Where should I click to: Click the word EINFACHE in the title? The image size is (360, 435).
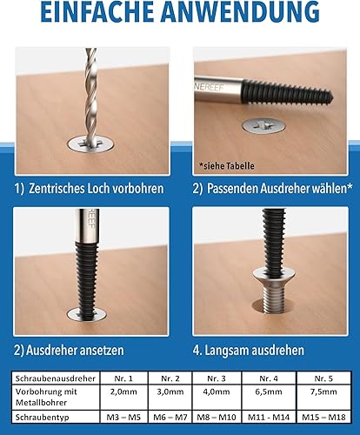[97, 11]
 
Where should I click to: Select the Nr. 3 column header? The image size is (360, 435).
[217, 378]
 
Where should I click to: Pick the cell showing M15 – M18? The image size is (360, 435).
[323, 418]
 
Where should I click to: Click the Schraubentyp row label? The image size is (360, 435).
[43, 418]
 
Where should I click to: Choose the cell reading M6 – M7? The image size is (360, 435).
[170, 418]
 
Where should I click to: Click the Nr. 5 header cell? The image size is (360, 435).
[323, 378]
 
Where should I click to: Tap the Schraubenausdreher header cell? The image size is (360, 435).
[56, 378]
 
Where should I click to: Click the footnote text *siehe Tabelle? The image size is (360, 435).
[227, 166]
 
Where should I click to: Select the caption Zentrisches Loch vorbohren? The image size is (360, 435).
[97, 189]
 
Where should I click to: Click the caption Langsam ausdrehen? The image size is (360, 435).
[255, 350]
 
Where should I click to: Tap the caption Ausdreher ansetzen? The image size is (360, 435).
[75, 350]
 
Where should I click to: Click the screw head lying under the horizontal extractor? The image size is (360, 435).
[263, 126]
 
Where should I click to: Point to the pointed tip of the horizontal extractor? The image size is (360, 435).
[333, 95]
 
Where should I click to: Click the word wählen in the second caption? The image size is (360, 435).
[332, 189]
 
